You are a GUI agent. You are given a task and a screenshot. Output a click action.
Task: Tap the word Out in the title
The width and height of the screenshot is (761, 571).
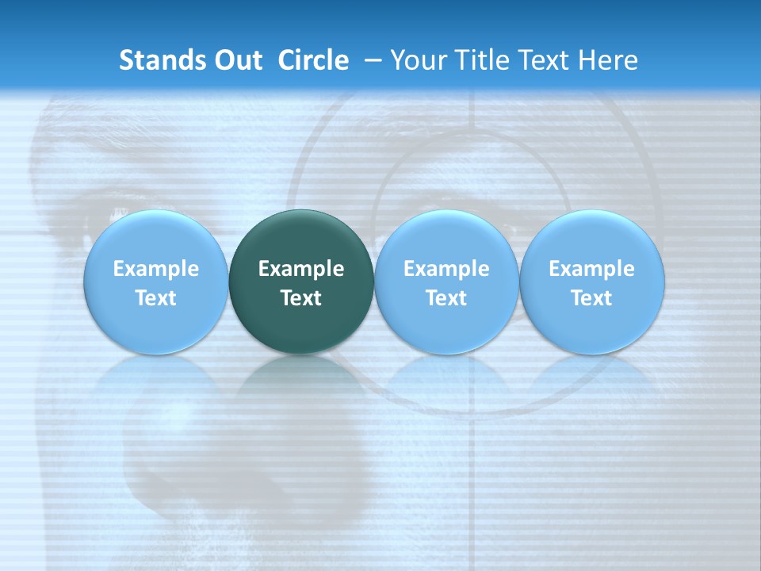236,60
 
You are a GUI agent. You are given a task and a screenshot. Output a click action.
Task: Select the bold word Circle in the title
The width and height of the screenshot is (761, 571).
313,60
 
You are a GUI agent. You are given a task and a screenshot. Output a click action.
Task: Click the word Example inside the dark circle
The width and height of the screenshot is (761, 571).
301,269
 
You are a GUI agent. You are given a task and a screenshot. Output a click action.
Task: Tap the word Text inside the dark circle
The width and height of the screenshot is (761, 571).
301,298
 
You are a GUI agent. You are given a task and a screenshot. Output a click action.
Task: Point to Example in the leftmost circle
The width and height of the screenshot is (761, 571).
155,269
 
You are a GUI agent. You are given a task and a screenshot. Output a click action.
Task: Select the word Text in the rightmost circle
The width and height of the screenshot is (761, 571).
591,298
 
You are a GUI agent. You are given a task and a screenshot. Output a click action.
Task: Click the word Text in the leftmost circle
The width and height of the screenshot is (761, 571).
155,298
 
